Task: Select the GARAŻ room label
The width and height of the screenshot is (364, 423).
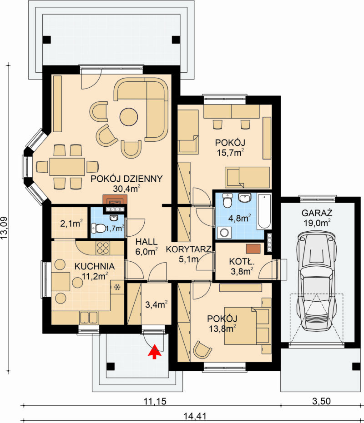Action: point(317,213)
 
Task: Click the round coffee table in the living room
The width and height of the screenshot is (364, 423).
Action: point(129,116)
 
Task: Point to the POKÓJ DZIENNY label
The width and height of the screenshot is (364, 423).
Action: point(126,179)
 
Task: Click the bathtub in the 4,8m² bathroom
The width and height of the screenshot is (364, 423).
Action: point(264,211)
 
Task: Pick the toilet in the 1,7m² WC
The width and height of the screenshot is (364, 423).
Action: point(99,228)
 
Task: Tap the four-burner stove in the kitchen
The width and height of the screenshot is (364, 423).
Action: point(103,248)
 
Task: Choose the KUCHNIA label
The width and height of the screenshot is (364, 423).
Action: point(95,266)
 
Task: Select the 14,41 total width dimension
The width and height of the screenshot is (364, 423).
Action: point(193,416)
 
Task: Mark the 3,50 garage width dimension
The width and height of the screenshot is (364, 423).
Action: point(321,401)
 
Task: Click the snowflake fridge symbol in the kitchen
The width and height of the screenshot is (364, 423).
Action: point(117,287)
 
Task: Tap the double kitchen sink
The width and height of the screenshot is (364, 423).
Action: point(88,317)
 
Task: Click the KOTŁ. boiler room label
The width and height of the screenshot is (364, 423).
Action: point(242,261)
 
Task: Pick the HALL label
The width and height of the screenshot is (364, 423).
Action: point(147,241)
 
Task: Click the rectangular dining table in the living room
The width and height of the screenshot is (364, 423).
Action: point(67,167)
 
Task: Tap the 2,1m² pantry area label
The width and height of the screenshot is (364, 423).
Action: point(71,224)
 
